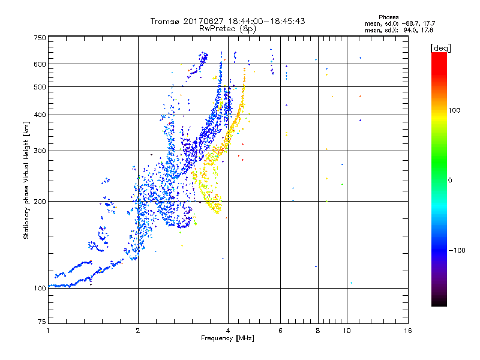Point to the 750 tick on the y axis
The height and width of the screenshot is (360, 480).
pos(40,38)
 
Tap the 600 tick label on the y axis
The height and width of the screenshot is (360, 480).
pos(40,64)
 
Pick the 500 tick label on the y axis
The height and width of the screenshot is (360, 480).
pos(40,87)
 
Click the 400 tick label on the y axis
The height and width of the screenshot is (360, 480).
pos(40,115)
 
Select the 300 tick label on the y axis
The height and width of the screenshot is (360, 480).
pos(40,151)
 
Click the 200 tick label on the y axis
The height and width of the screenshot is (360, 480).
pos(40,202)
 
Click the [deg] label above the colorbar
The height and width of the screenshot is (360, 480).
pos(440,47)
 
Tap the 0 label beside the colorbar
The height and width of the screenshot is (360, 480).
pos(450,180)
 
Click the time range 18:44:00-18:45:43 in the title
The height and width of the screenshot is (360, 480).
pos(265,21)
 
